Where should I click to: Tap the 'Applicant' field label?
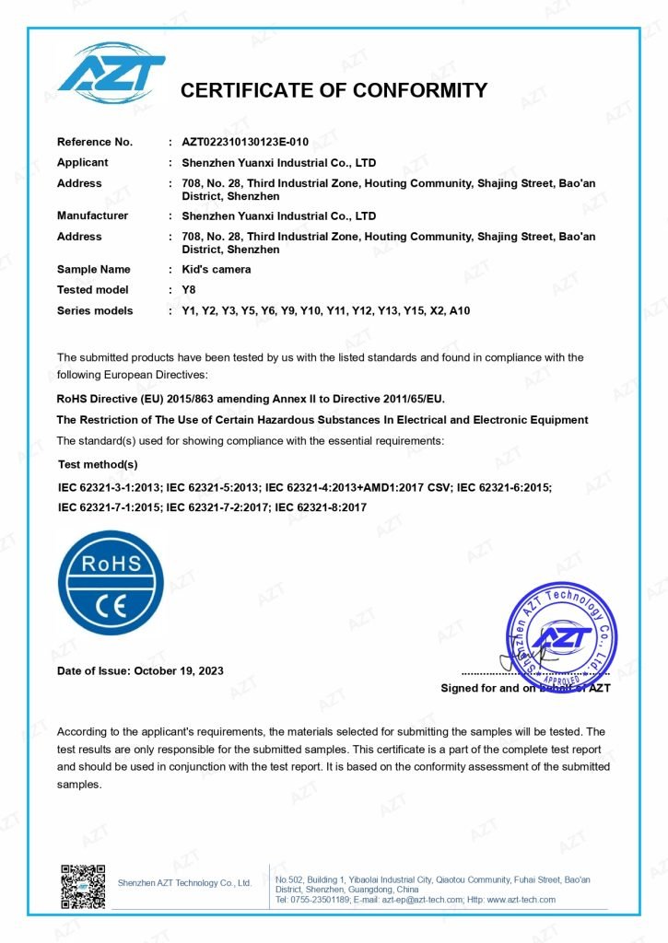(83, 162)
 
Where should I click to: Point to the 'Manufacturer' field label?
(93, 215)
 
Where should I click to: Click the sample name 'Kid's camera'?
(217, 269)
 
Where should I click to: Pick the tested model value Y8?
(190, 290)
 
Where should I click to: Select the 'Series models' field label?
(95, 310)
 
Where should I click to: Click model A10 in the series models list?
(459, 310)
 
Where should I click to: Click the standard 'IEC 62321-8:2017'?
(322, 506)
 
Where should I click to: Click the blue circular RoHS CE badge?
(111, 583)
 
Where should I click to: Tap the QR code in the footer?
(83, 886)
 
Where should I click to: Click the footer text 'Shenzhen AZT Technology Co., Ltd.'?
(184, 883)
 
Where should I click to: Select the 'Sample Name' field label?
(94, 269)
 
